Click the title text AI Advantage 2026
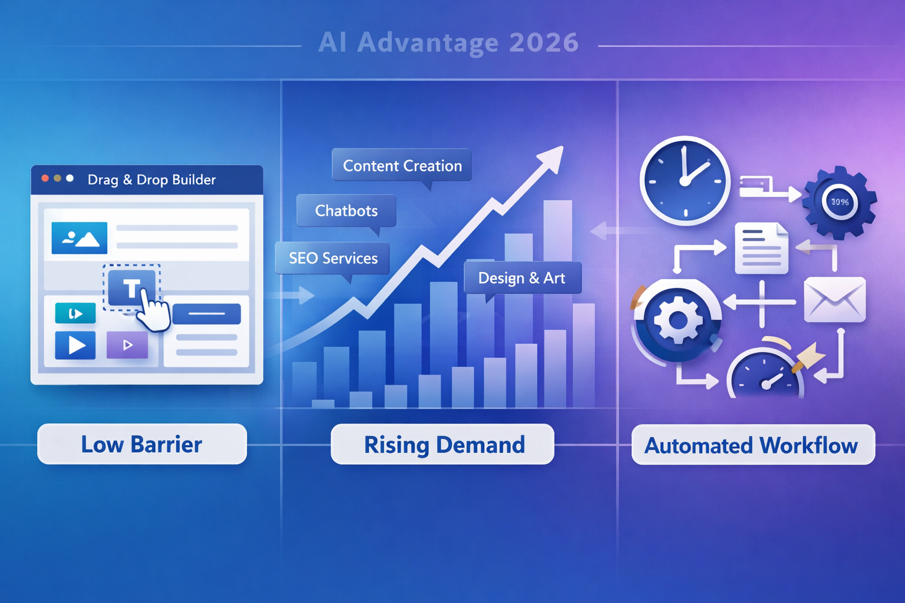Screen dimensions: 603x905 (448, 43)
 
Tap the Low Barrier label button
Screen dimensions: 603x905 (142, 445)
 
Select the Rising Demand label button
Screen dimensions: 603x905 (443, 445)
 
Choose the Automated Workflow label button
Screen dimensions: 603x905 (752, 445)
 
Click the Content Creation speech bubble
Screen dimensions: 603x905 (402, 165)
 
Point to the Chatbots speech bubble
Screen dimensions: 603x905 (346, 211)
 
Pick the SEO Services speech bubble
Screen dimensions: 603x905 (333, 258)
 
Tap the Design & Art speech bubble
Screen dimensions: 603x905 (522, 278)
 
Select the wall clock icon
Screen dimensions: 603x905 (685, 181)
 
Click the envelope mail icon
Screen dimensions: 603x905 (834, 300)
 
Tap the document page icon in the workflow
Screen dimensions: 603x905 (761, 248)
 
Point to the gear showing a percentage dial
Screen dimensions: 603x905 (840, 202)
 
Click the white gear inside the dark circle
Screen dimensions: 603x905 (678, 320)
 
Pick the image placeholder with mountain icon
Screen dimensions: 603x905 (80, 238)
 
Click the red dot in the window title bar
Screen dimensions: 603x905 (45, 178)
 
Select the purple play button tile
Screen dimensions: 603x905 (127, 345)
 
